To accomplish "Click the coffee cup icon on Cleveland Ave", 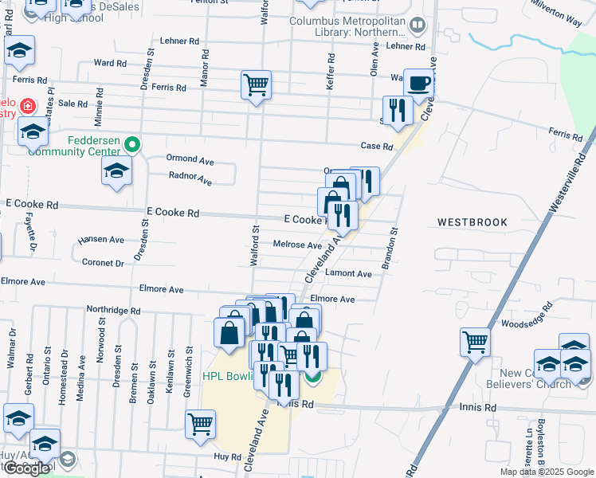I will [418, 82].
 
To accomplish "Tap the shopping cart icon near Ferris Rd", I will [257, 84].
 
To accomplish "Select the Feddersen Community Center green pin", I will [133, 144].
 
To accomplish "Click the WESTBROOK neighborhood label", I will [472, 222].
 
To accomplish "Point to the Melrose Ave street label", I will [297, 245].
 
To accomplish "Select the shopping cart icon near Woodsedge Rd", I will [476, 342].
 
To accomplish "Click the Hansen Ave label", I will [100, 239].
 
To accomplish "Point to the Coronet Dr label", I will [103, 262].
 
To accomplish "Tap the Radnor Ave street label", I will [190, 178].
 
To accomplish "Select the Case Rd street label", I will [377, 147].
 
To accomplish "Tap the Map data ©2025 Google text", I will [546, 472].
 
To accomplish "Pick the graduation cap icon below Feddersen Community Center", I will [117, 170].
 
